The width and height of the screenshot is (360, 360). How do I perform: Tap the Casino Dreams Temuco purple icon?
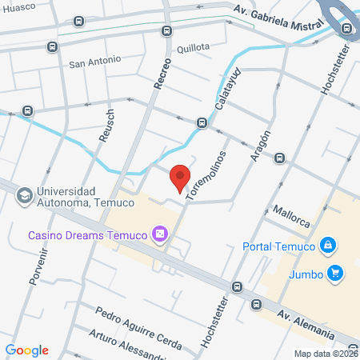point(160,234)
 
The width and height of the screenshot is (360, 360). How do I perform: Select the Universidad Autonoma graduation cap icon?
point(25,194)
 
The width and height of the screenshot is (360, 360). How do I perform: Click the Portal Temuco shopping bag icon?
point(326,245)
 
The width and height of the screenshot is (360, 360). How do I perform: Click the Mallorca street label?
point(290,213)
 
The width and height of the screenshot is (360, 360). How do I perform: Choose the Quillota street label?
point(193,46)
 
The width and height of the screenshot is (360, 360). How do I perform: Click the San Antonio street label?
point(94,60)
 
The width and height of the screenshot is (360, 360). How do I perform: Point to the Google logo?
point(27,350)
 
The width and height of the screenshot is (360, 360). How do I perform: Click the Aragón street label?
point(261,146)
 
